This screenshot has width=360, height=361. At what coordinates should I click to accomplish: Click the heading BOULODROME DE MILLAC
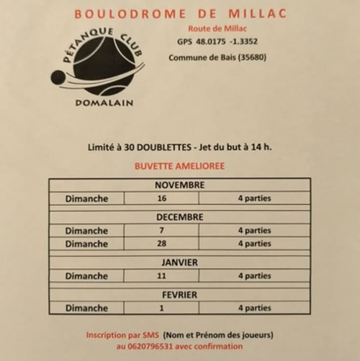pos(179,14)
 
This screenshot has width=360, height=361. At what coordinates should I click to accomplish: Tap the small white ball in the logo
pos(58,77)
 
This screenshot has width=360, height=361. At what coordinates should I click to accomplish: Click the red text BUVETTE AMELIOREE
pos(179,166)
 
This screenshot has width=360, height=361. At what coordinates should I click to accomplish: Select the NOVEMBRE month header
pos(179,185)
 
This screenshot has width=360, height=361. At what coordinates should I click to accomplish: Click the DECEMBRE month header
pos(179,217)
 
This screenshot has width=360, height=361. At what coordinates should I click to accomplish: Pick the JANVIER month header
pos(179,263)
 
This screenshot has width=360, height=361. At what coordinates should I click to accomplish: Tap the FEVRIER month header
pos(179,295)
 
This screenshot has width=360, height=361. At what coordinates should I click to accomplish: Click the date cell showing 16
pos(161,198)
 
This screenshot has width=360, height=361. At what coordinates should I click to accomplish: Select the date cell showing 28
pos(161,244)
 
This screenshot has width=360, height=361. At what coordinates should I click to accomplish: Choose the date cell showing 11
pos(161,276)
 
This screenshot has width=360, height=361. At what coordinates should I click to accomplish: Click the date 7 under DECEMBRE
pos(161,231)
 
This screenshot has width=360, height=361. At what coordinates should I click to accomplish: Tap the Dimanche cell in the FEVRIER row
pos(86,308)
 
